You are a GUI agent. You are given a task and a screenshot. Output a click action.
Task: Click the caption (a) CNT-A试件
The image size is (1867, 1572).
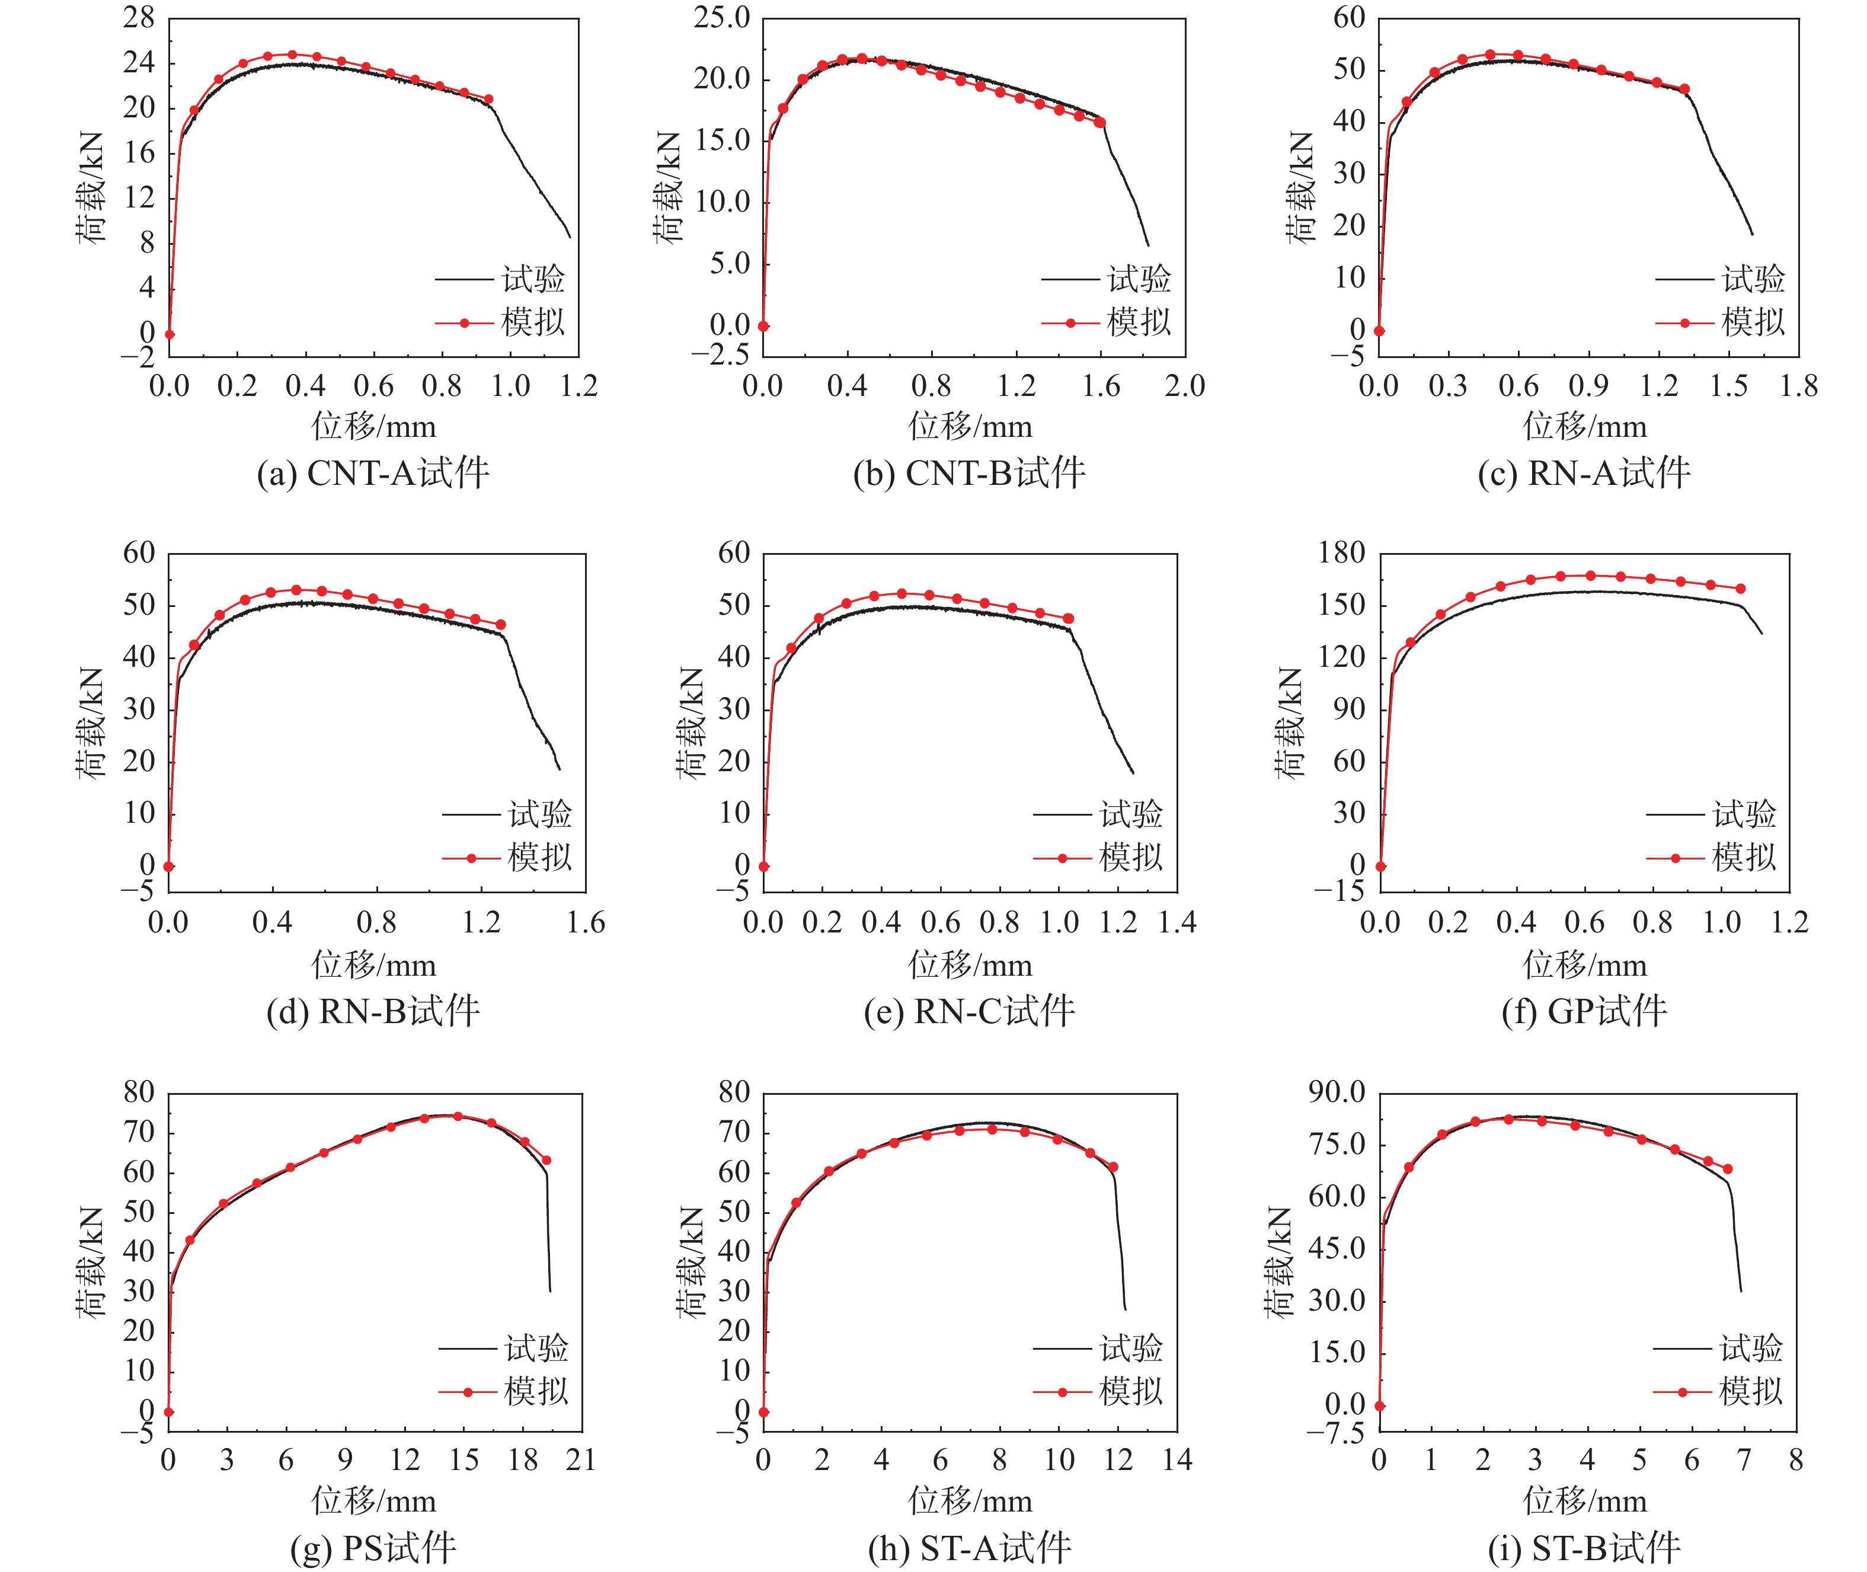372,473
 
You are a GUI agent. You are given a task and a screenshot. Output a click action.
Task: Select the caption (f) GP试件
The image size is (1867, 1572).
1584,1011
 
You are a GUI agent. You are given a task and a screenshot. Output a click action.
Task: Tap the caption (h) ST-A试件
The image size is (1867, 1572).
970,1549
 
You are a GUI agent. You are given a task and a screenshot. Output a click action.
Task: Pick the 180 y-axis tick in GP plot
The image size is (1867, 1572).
1341,554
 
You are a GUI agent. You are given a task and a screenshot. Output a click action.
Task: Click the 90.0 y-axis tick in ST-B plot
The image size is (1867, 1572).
1337,1092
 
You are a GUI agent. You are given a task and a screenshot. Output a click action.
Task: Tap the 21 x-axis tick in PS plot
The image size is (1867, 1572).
581,1460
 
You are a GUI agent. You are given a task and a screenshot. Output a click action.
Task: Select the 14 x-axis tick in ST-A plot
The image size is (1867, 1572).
1177,1460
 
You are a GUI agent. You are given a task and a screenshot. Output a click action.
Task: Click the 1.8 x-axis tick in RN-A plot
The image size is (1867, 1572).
1798,386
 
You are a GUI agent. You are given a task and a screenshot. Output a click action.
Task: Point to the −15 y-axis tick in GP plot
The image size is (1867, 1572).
1338,891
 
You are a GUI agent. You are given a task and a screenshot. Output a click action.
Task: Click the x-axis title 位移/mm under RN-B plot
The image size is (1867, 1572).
373,965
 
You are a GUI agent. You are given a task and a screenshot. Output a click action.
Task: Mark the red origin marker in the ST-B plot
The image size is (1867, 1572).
1380,1406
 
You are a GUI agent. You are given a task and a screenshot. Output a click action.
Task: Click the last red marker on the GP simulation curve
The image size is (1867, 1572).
1740,588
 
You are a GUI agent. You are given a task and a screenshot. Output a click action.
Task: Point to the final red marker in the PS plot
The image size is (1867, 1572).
546,1160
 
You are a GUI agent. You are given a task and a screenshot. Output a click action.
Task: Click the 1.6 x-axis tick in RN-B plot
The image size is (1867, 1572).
586,922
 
